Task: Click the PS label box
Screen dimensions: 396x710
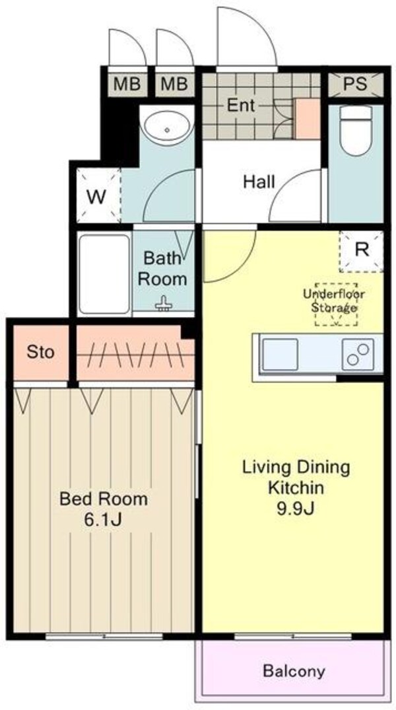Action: point(355,85)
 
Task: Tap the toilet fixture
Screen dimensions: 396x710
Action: point(356,131)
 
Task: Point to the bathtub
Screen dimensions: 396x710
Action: point(104,274)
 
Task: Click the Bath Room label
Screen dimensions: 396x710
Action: point(162,269)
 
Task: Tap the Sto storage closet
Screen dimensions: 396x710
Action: point(41,352)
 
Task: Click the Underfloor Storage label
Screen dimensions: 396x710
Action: point(334,301)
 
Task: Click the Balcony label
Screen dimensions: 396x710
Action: point(294,670)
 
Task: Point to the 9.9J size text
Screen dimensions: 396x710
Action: point(296,509)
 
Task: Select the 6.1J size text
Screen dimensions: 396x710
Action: point(103,520)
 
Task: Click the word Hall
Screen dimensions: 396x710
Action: point(259,182)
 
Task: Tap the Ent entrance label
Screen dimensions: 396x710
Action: point(241,106)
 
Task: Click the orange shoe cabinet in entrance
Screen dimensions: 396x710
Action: point(308,119)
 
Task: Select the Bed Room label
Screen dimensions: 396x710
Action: point(104,499)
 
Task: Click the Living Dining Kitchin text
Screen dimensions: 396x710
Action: point(296,478)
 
